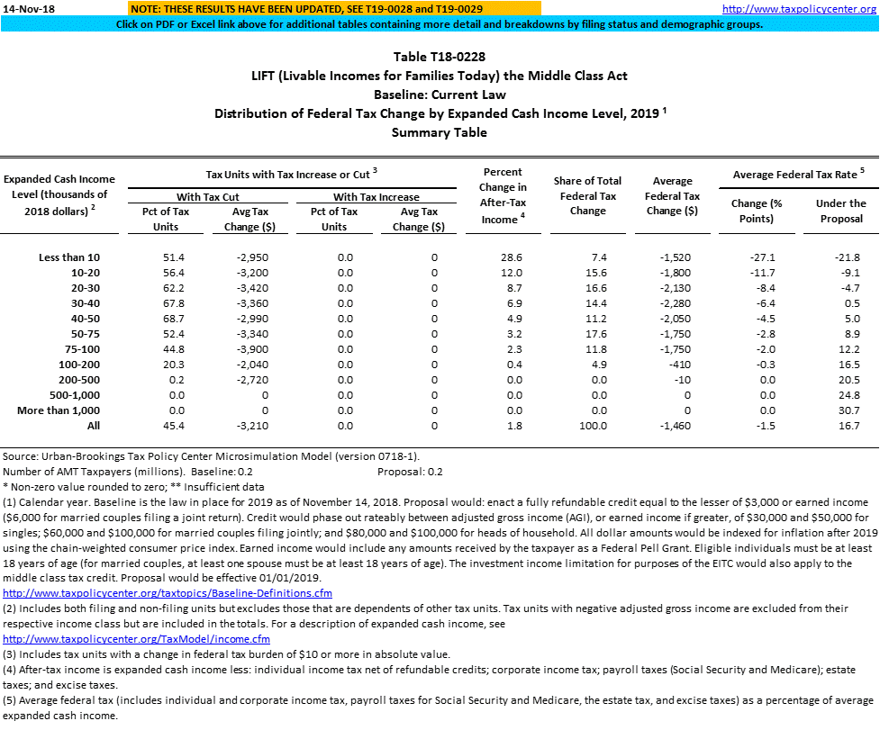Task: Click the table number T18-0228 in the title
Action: (x=440, y=57)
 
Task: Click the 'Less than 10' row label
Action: (x=77, y=257)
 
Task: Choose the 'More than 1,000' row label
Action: (x=66, y=410)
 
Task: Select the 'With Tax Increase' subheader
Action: (x=376, y=196)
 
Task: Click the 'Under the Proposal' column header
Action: (x=840, y=211)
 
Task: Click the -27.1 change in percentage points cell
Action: (x=761, y=257)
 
